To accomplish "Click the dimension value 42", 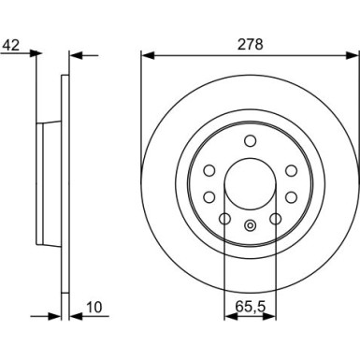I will click(x=11, y=42).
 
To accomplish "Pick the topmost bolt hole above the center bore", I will click(x=250, y=140).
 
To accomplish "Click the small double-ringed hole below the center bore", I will click(x=250, y=224).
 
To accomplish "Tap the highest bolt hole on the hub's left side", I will click(x=209, y=170).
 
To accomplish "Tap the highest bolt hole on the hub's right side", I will click(x=291, y=170).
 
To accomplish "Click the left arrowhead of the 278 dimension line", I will click(x=146, y=54).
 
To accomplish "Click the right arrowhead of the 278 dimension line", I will click(x=353, y=54).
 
